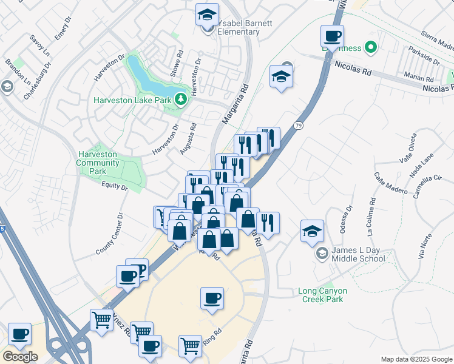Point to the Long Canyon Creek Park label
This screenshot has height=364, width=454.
(321, 295)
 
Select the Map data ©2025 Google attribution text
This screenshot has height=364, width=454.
(416, 359)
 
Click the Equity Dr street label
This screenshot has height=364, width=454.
(115, 187)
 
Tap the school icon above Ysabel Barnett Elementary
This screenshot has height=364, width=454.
(208, 14)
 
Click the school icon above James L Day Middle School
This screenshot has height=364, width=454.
(312, 231)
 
